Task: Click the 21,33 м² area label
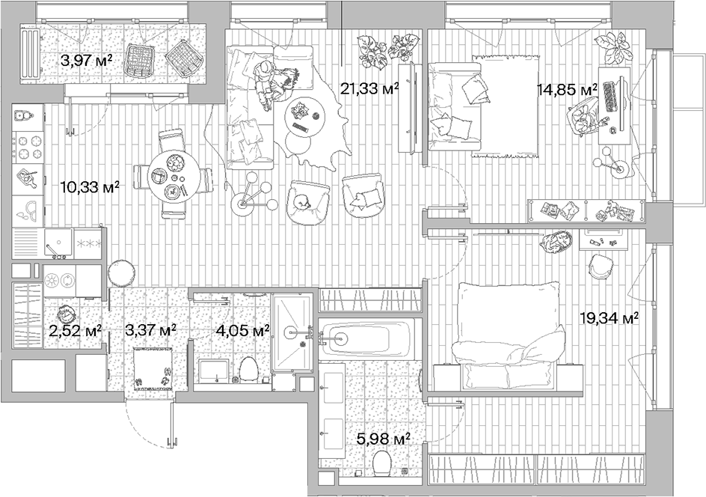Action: point(369,89)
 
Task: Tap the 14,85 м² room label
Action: point(566,90)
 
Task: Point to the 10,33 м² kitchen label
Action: point(89,187)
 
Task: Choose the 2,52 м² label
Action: point(74,329)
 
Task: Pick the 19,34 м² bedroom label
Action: point(608,318)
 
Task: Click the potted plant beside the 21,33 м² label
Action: point(382,51)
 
